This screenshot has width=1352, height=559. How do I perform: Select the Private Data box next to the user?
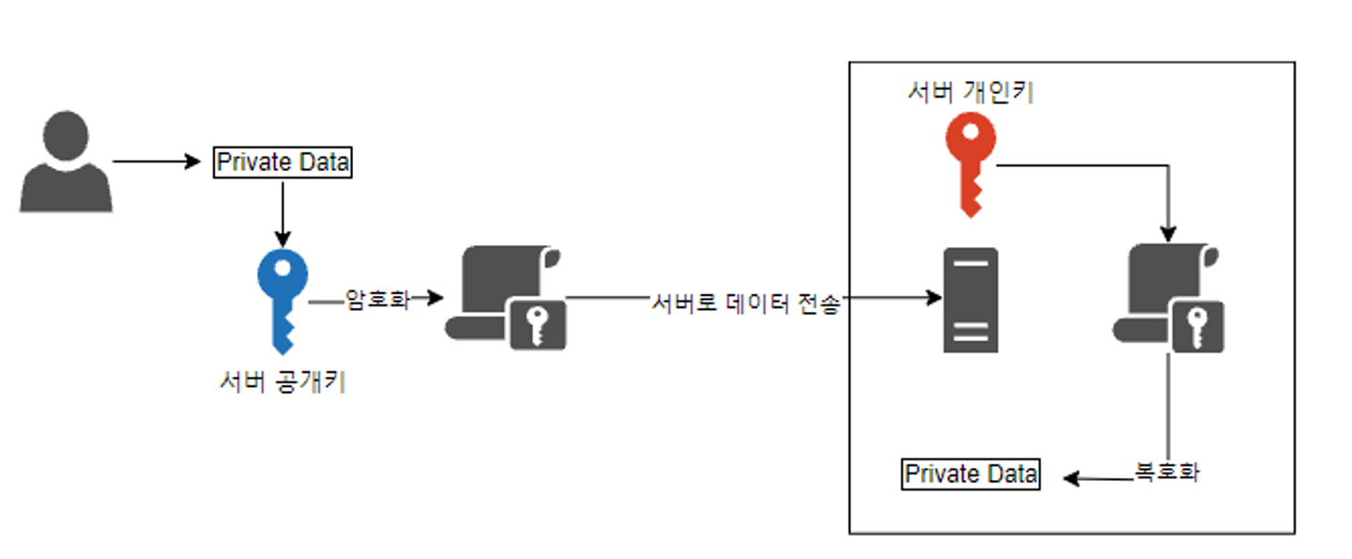click(x=283, y=163)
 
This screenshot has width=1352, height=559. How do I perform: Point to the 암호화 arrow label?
click(x=378, y=300)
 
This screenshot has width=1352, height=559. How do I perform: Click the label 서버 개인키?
click(x=970, y=92)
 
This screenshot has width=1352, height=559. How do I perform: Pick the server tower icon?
click(x=971, y=299)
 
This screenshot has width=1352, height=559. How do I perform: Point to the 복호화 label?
click(x=1167, y=473)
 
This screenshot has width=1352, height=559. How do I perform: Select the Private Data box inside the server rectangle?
click(x=971, y=474)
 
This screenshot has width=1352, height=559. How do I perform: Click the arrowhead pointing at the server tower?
click(x=934, y=298)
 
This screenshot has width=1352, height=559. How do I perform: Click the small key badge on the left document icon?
click(x=538, y=326)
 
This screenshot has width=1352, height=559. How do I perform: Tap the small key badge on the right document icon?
click(x=1197, y=326)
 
